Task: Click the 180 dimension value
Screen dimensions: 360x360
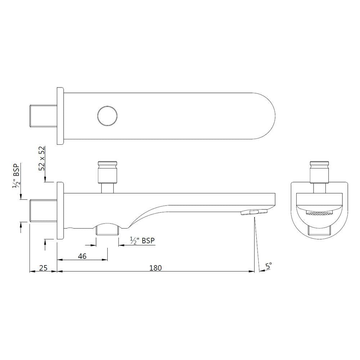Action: (156, 267)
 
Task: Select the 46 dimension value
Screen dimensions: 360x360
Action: (82, 256)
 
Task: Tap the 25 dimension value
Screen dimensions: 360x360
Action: (43, 267)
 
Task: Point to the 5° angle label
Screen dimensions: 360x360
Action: (269, 266)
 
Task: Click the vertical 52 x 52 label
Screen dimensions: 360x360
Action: (42, 158)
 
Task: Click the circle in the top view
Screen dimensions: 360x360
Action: (108, 116)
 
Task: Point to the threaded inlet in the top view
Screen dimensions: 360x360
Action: (42, 116)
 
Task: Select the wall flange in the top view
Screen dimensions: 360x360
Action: (60, 116)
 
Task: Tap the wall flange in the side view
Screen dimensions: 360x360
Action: (60, 211)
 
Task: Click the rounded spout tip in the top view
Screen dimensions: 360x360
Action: (268, 116)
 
